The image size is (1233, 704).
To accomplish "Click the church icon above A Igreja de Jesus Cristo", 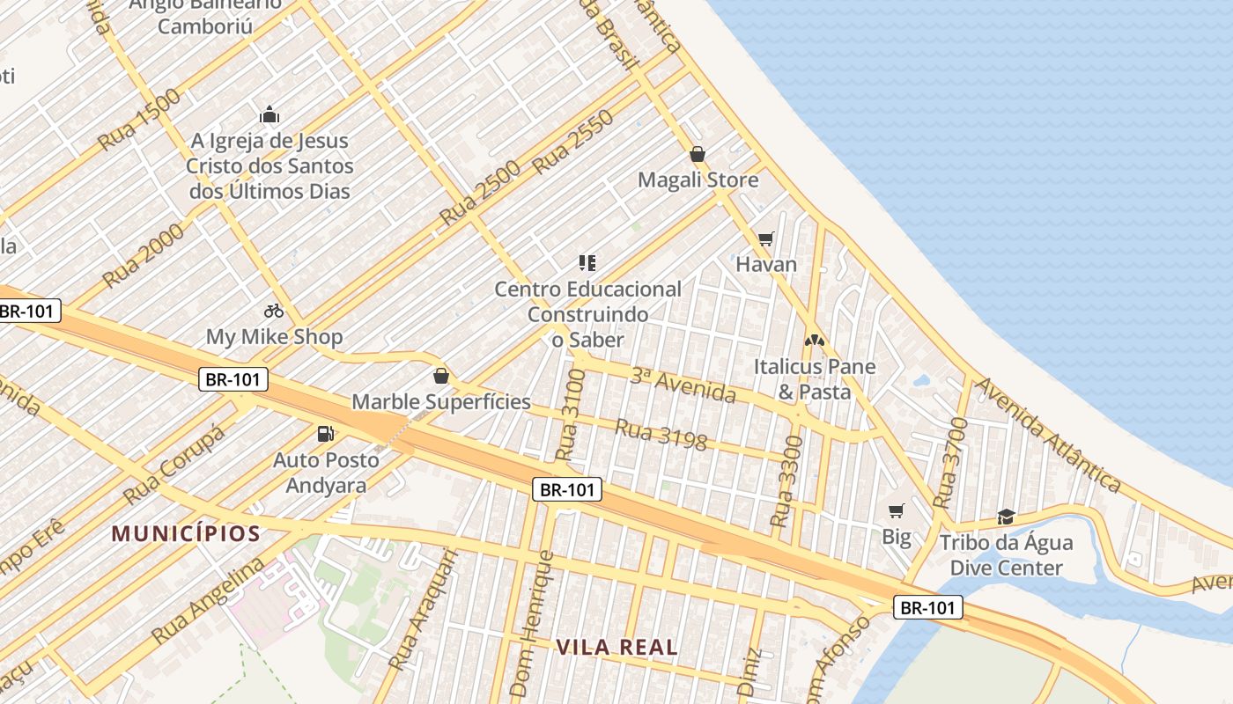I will tap(269, 114).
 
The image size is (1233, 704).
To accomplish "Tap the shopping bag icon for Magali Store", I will tap(698, 155).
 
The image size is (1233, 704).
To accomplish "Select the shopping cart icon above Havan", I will tap(765, 238).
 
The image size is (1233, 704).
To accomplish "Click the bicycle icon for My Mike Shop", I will tap(274, 311).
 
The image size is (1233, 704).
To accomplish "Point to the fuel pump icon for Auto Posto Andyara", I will tap(326, 434).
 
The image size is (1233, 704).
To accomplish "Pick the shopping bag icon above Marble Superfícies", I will tap(441, 377).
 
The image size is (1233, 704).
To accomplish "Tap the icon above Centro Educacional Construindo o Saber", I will tap(587, 262).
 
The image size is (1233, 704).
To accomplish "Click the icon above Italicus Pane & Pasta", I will tap(815, 340).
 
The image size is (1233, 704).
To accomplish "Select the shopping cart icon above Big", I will tap(897, 510).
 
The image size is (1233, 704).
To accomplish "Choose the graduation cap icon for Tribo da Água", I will tap(1006, 516).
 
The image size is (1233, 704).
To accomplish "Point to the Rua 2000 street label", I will tap(144, 254).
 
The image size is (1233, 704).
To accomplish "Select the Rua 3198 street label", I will tap(661, 435).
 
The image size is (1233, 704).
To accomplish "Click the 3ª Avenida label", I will tap(683, 385).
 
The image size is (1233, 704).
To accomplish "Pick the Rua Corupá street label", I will tap(174, 466).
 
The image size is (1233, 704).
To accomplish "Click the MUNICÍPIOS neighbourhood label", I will tap(186, 533).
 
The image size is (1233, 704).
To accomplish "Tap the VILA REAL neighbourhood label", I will tap(616, 648).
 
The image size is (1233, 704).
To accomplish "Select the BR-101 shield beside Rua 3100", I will tap(567, 490).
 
